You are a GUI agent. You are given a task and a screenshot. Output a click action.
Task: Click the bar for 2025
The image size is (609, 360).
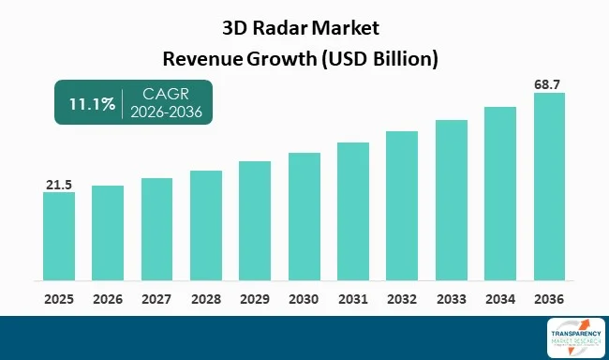58,235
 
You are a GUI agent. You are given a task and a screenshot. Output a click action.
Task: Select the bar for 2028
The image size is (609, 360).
206,225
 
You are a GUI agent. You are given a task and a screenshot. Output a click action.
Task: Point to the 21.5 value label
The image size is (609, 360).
58,185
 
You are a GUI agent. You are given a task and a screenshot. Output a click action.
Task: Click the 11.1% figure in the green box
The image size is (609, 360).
85,103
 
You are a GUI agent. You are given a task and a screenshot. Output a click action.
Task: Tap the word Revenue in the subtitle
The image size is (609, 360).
201,58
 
